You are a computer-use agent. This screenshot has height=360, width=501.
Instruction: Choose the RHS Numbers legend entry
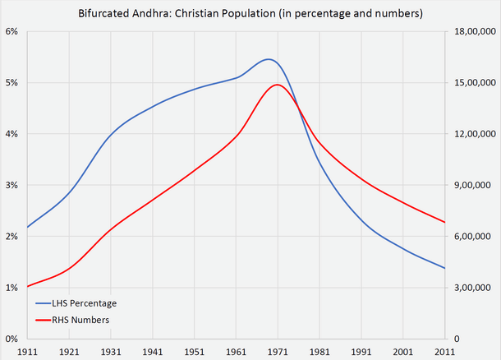79,319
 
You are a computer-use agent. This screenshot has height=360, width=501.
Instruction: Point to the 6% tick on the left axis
12,31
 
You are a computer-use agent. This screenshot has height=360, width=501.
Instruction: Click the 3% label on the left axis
12,185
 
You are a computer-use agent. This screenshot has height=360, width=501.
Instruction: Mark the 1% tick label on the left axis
12,288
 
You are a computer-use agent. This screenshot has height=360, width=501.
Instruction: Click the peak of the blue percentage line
269,59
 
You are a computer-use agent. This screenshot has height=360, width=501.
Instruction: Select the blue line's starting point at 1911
28,227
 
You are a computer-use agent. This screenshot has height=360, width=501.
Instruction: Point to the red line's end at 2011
444,222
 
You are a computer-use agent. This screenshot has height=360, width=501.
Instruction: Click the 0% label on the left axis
12,339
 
